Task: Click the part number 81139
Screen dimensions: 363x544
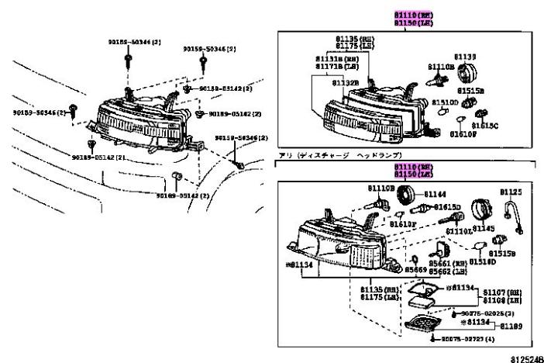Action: [464, 57]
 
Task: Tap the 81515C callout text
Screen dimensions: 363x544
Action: [485, 125]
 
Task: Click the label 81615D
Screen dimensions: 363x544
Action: [447, 207]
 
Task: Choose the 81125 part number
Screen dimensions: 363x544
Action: [510, 190]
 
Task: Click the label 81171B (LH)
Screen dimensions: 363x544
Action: [336, 68]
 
